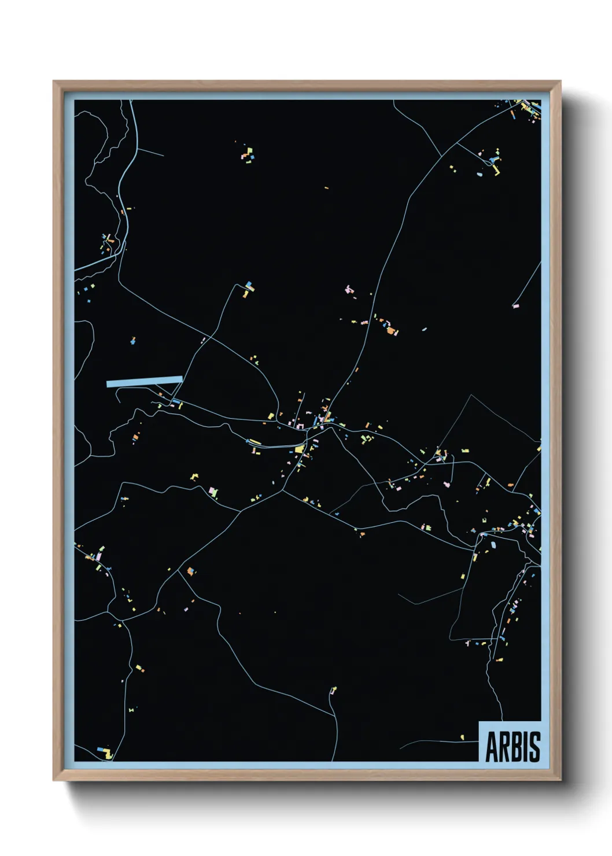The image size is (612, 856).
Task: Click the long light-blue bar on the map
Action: [145, 381]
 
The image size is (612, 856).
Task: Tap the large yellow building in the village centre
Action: [299, 449]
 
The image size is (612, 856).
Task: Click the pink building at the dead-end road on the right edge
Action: [516, 305]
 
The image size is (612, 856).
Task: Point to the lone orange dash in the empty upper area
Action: [326, 188]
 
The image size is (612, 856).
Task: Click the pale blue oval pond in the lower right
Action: [493, 544]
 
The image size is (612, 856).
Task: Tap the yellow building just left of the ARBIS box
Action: [462, 737]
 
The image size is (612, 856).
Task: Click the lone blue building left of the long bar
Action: [133, 341]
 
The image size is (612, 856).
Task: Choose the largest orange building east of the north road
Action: [392, 331]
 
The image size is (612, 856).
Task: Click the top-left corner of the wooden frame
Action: [54, 82]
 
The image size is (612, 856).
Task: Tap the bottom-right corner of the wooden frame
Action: [561, 780]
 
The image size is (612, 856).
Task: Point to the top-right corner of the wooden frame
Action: [561, 82]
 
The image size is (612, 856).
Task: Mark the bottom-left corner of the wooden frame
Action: [54, 780]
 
